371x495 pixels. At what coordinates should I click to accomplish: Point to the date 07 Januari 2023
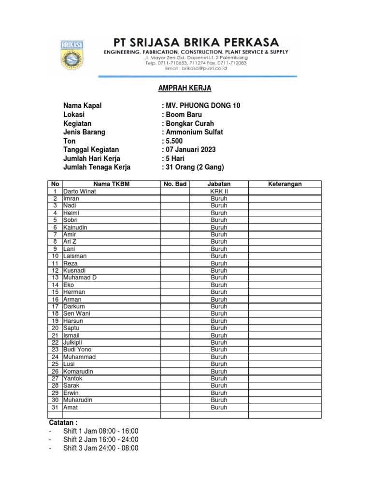click(190, 150)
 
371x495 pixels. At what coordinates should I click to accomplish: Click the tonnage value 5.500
click(174, 141)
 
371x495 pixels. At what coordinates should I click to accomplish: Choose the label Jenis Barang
click(84, 132)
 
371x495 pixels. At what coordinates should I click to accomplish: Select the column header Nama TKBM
click(111, 184)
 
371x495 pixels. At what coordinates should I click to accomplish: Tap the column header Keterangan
click(285, 184)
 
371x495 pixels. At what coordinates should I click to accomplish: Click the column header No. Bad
click(175, 184)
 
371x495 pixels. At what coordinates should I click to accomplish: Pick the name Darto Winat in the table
click(80, 191)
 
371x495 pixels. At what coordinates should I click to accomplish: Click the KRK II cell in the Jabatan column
click(219, 191)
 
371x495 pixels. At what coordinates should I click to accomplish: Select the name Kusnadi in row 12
click(74, 270)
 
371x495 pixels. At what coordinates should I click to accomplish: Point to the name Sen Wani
click(76, 313)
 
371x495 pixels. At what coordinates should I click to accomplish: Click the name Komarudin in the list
click(78, 371)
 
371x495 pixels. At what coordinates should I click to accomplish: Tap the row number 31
click(55, 408)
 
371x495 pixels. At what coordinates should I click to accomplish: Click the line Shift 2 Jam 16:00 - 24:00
click(100, 439)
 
